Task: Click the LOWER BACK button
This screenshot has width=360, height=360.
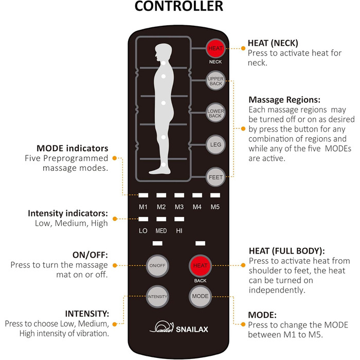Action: (x=214, y=113)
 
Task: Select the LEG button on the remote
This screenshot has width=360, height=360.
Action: (x=214, y=145)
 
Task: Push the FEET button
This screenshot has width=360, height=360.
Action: (x=214, y=177)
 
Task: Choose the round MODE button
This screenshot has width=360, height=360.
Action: (x=200, y=297)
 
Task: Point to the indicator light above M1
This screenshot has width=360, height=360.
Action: (x=143, y=195)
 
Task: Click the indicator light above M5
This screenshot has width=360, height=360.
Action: (x=214, y=195)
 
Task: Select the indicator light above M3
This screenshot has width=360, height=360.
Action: (x=178, y=195)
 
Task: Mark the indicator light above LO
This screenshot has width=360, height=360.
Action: (x=143, y=220)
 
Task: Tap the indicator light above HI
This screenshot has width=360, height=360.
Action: (x=178, y=220)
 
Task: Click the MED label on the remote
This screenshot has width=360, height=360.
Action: (x=161, y=230)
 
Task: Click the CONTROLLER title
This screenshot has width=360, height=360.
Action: (x=179, y=7)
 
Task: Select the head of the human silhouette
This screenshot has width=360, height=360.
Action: (x=164, y=52)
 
